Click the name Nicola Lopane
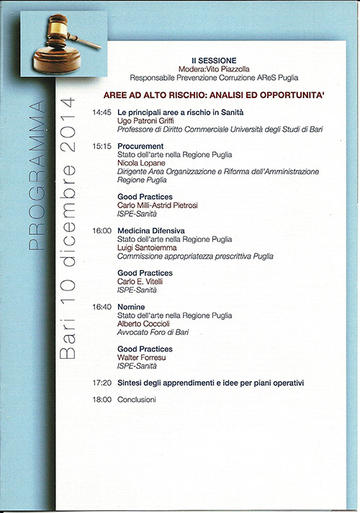(142, 163)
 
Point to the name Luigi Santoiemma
(147, 247)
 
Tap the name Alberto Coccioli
(145, 324)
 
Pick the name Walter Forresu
(143, 357)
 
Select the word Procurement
(140, 146)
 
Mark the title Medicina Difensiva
(151, 231)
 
